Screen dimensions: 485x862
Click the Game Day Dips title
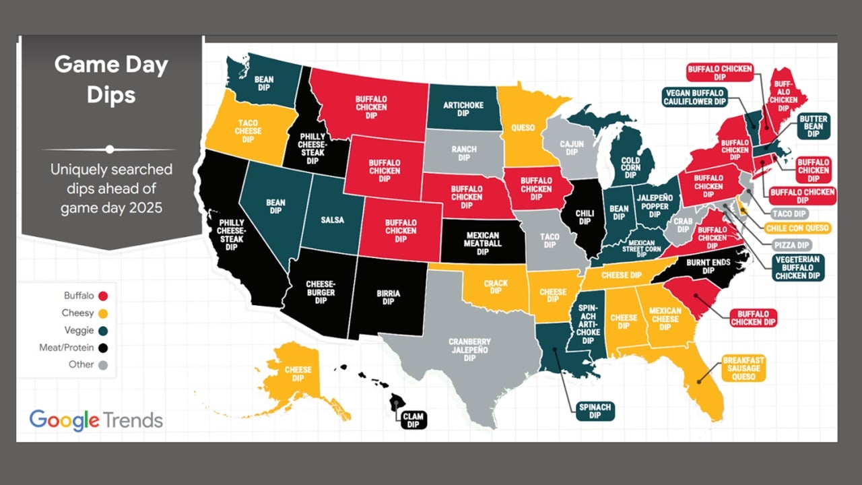click(x=111, y=79)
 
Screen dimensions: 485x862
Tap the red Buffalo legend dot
click(x=102, y=295)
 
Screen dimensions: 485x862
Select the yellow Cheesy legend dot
click(x=102, y=313)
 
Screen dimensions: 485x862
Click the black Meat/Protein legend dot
click(x=102, y=348)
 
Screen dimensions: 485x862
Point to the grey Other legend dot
click(x=102, y=365)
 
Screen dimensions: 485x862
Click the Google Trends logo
click(x=96, y=420)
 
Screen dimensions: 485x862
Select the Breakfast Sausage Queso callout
click(x=743, y=368)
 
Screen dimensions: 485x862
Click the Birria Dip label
click(x=388, y=297)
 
